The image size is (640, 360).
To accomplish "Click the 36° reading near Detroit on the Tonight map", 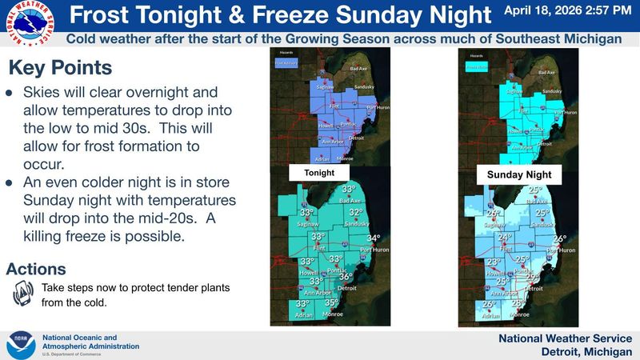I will [x=345, y=276].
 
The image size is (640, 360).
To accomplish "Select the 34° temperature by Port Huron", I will [x=374, y=238].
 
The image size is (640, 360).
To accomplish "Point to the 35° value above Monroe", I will [x=331, y=303].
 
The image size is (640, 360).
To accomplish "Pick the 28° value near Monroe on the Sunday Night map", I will [x=518, y=303].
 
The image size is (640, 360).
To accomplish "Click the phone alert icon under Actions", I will [x=23, y=294].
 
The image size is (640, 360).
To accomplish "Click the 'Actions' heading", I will [x=36, y=269].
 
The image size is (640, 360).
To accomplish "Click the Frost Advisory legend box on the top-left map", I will [x=286, y=62].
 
